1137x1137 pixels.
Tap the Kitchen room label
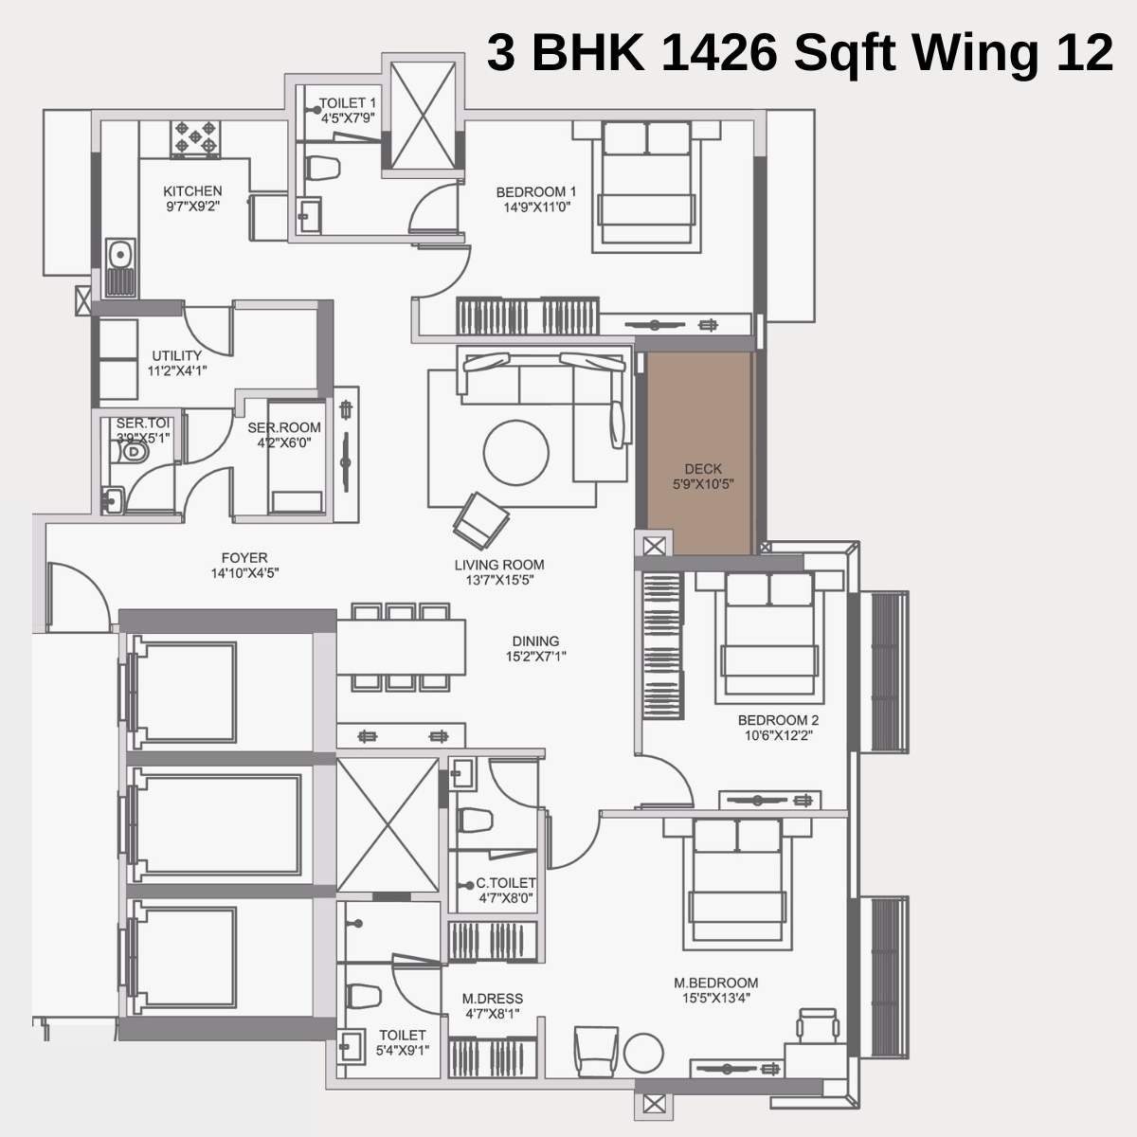coord(192,191)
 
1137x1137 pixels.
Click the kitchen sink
coord(119,255)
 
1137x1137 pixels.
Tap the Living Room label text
coord(499,565)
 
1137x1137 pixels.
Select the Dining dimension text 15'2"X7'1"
coord(536,656)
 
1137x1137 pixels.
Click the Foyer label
coord(244,558)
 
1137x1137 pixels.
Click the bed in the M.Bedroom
coord(736,882)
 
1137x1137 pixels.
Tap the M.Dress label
coord(492,999)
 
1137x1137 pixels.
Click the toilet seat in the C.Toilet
coord(474,821)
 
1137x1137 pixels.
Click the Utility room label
coord(176,356)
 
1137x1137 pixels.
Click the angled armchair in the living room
coord(482,520)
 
